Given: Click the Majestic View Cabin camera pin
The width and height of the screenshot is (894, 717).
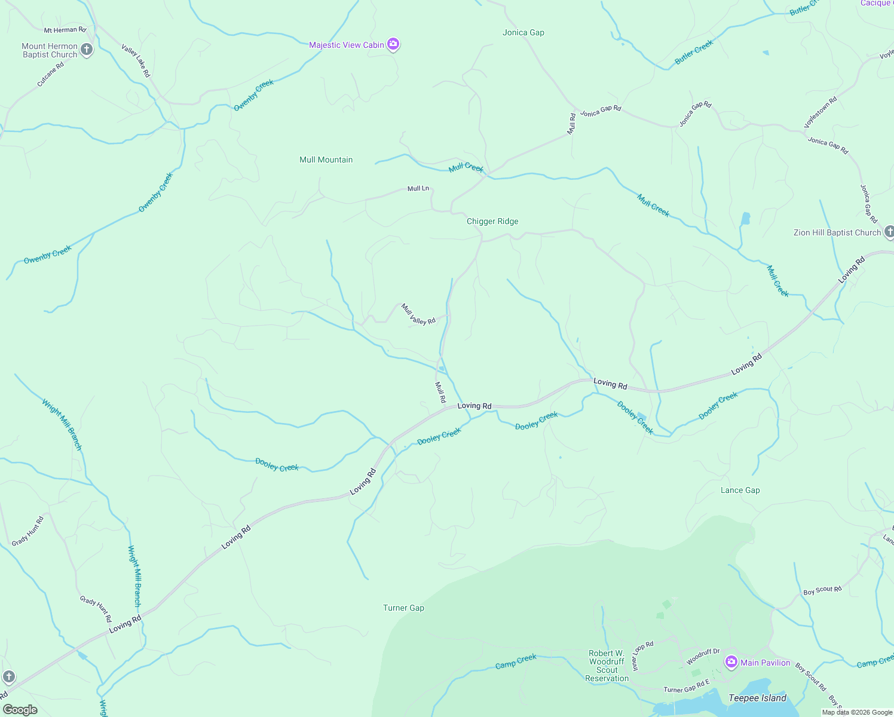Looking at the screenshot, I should coord(393,44).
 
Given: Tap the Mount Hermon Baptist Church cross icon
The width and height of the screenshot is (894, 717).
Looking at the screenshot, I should coord(87,50).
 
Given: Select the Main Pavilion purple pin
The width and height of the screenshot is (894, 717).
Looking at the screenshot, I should coord(731,662).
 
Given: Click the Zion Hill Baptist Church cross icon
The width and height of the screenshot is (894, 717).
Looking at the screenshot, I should coord(889,232).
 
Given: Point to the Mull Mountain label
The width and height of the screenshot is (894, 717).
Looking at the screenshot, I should coord(326,160).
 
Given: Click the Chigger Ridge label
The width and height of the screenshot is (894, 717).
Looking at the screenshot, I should coord(492,221).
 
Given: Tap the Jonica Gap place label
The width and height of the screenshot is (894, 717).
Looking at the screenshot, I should coord(523,32).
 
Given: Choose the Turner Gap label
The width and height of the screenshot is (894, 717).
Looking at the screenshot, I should coord(403,608).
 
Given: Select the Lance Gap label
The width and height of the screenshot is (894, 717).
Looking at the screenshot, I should coord(740,490).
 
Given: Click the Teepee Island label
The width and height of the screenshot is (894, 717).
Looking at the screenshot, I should coord(757,698).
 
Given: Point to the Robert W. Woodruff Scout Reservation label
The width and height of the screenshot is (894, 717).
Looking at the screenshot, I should coord(607,666).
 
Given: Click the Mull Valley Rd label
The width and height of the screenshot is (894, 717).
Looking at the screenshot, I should coord(418,314).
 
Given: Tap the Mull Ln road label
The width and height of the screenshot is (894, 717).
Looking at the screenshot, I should coord(418,188).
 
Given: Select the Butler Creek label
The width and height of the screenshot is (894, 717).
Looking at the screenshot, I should coord(694,53).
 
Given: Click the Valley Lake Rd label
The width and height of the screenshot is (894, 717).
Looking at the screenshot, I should coord(136,60).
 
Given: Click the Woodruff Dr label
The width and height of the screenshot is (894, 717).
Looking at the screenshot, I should coord(703,657).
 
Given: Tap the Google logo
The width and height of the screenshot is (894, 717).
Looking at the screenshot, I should coord(20,710).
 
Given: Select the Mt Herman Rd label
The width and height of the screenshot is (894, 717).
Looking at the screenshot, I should coord(65,30).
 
